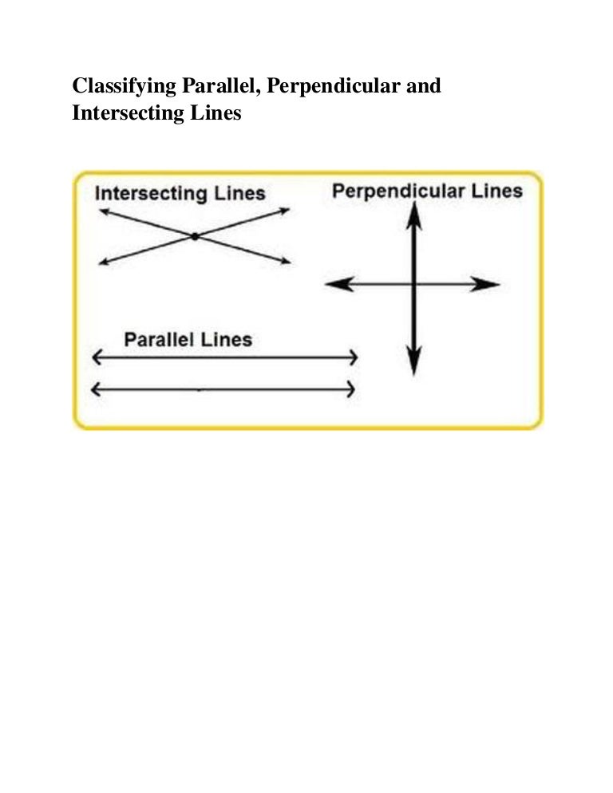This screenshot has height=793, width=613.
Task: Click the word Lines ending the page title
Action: click(x=213, y=113)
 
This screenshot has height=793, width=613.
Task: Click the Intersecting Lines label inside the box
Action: click(x=180, y=193)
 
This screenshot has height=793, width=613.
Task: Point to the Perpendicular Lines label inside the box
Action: click(x=427, y=191)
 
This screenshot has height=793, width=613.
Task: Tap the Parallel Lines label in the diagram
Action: click(x=188, y=340)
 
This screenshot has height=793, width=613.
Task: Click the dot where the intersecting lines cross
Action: click(x=195, y=236)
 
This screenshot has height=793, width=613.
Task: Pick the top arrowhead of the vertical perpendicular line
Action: click(x=413, y=213)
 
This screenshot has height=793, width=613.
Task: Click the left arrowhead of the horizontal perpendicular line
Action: click(x=338, y=284)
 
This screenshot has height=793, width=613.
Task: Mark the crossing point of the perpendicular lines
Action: click(x=413, y=284)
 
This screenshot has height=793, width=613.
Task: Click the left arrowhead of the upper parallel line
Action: click(x=98, y=358)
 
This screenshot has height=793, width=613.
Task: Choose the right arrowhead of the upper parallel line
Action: click(x=352, y=358)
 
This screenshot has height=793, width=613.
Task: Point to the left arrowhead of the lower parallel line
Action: click(x=98, y=389)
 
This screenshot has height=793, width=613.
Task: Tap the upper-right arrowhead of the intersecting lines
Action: click(x=285, y=211)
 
